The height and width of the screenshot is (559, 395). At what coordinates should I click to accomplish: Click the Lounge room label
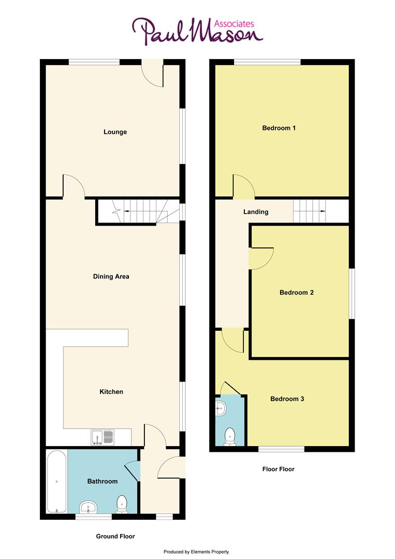click(115, 132)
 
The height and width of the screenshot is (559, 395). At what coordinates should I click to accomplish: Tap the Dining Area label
click(111, 276)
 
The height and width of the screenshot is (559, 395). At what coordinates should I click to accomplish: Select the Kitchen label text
click(111, 392)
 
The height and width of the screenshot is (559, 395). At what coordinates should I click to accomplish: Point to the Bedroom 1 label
click(279, 128)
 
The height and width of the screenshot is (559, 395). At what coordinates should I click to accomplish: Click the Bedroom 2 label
click(296, 292)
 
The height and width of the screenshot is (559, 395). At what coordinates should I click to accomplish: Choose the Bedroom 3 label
click(287, 399)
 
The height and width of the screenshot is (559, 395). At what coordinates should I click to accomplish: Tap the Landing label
click(256, 212)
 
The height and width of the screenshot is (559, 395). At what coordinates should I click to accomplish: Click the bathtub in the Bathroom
click(56, 482)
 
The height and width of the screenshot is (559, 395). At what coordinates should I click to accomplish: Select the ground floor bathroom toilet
click(122, 504)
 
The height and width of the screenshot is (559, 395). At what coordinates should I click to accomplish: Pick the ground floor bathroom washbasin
click(89, 507)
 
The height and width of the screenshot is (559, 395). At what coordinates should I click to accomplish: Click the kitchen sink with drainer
click(103, 438)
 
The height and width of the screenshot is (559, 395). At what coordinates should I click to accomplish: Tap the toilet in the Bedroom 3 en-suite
click(228, 437)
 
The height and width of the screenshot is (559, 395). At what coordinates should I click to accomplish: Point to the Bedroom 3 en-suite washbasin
click(221, 408)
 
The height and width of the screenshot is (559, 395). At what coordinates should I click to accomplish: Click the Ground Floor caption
click(115, 536)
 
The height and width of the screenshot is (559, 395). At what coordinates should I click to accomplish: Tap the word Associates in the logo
click(234, 23)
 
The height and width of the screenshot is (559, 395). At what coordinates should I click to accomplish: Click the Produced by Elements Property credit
click(196, 552)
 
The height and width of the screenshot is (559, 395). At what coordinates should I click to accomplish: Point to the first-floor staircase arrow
click(323, 211)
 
